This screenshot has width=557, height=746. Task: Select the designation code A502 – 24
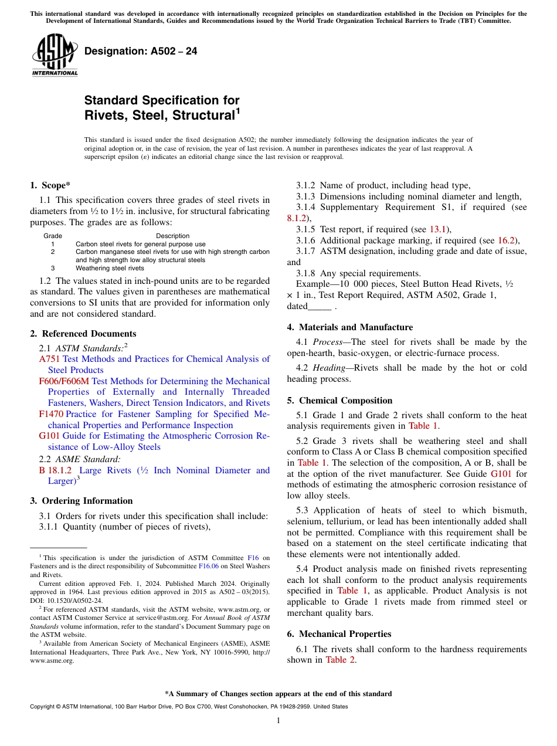141,52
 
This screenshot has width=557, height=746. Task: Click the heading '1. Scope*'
50,185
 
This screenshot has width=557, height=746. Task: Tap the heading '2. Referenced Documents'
83,334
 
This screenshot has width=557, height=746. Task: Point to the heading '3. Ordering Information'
81,501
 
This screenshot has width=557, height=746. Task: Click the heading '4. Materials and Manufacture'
350,327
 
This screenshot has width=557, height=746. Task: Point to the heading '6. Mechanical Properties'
339,634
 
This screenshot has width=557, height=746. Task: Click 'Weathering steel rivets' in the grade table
110,268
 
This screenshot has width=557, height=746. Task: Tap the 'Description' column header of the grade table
172,236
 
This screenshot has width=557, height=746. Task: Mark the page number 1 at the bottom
278,721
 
